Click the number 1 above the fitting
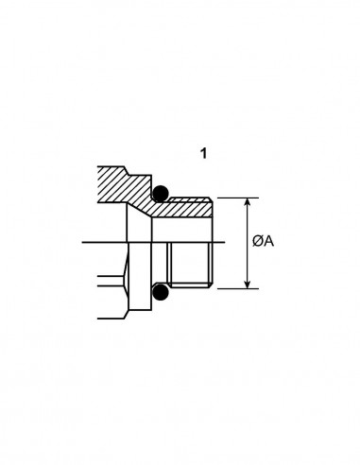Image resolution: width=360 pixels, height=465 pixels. pyautogui.click(x=204, y=153)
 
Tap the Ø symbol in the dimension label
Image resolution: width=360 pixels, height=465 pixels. pyautogui.click(x=257, y=242)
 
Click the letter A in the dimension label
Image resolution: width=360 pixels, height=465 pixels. pyautogui.click(x=268, y=242)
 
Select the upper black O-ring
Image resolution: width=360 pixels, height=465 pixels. pyautogui.click(x=161, y=193)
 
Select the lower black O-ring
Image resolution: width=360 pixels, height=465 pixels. pyautogui.click(x=161, y=292)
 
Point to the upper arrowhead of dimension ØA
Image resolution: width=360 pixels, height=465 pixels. pyautogui.click(x=248, y=202)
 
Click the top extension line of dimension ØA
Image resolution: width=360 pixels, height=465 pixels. pyautogui.click(x=238, y=198)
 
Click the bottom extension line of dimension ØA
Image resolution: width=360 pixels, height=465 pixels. pyautogui.click(x=238, y=288)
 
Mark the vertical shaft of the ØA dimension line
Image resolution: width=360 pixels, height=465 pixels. pyautogui.click(x=248, y=243)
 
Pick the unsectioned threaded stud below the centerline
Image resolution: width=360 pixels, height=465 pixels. pyautogui.click(x=190, y=265)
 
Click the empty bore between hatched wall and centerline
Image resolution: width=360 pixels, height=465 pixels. pyautogui.click(x=182, y=230)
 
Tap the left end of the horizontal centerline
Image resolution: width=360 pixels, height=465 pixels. pyautogui.click(x=82, y=242)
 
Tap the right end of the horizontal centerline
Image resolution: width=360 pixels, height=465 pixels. pyautogui.click(x=225, y=242)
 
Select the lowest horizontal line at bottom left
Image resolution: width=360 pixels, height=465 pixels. pyautogui.click(x=111, y=319)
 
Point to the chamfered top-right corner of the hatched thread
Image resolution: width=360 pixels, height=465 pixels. pyautogui.click(x=211, y=199)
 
